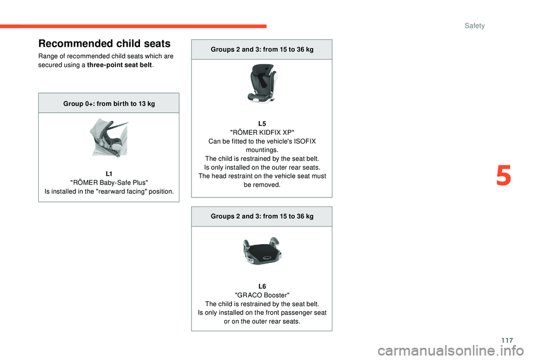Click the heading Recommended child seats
[x=104, y=43]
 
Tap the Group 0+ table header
[x=109, y=104]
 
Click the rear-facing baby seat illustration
[x=109, y=138]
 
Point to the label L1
[x=109, y=174]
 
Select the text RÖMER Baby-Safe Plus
[x=109, y=183]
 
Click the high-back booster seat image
[x=262, y=83]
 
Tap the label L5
[x=262, y=123]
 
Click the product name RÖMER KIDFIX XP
[x=262, y=132]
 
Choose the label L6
[x=262, y=286]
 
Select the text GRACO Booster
[x=262, y=295]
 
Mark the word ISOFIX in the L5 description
[x=306, y=141]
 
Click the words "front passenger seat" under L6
[x=294, y=313]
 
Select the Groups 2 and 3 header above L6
[x=262, y=216]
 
